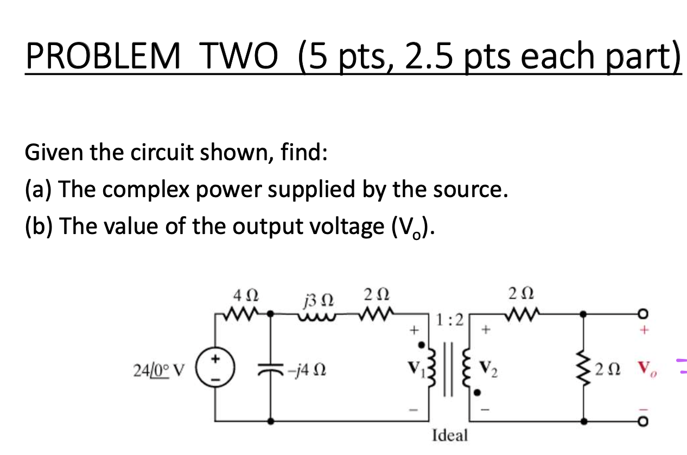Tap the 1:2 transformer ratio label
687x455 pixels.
(x=450, y=320)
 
